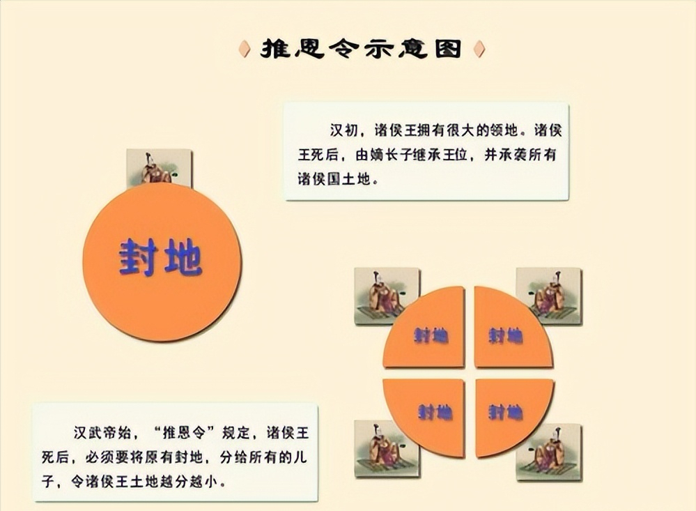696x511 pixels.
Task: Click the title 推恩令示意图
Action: tap(361, 49)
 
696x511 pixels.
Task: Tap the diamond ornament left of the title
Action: tap(245, 49)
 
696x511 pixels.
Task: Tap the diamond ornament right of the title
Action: tap(478, 49)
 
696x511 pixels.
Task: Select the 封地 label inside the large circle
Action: tap(160, 259)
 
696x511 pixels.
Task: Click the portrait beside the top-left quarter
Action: tap(387, 296)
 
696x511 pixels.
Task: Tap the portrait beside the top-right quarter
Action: tap(548, 296)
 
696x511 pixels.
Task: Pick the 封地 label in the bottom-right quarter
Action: tap(506, 412)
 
